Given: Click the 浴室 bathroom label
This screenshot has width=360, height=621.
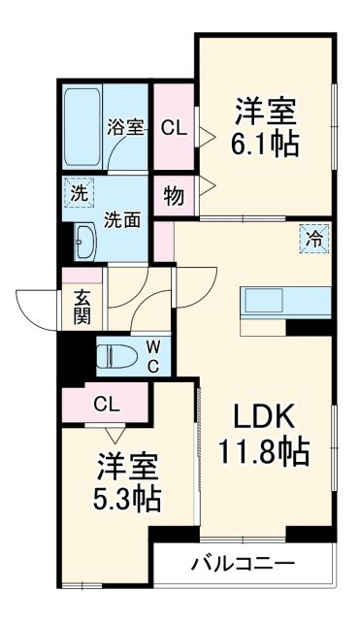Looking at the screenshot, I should tap(126, 126).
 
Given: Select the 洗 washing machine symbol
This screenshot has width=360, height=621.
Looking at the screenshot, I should tap(75, 191).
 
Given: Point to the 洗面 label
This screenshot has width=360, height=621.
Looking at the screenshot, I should tap(123, 219).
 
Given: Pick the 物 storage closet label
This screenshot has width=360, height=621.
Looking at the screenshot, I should tap(174, 196).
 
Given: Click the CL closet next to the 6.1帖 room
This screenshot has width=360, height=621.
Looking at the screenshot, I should tap(174, 127).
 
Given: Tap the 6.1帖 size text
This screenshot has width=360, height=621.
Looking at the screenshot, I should tap(264, 145).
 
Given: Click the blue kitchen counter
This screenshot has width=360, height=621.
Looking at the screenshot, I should tap(275, 300).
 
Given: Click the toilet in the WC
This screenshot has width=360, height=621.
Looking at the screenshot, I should tap(117, 356).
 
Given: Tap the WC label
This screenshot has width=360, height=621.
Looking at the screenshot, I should tap(153, 356).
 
